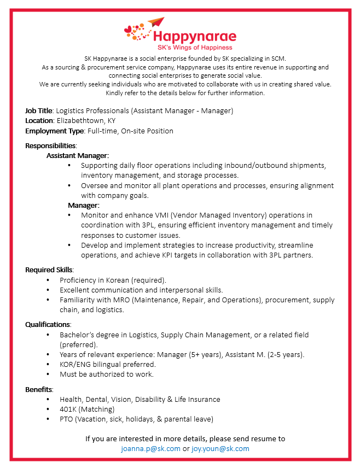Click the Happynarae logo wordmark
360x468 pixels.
click(194, 37)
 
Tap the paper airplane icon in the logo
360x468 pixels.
click(156, 23)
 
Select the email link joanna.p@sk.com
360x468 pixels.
click(150, 448)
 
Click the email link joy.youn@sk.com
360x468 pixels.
click(220, 448)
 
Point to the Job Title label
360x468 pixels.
click(39, 110)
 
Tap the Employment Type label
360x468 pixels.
click(54, 131)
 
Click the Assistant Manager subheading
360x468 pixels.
click(78, 155)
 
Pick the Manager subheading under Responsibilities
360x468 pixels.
click(83, 205)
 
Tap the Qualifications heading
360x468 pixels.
click(48, 324)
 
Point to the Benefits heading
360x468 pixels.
click(39, 389)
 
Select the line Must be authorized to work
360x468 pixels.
click(107, 374)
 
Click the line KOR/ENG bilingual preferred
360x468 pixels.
click(108, 364)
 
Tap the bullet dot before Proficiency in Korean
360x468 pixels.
click(48, 280)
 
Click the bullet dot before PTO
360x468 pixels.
click(48, 419)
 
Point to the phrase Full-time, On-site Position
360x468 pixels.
click(129, 131)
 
